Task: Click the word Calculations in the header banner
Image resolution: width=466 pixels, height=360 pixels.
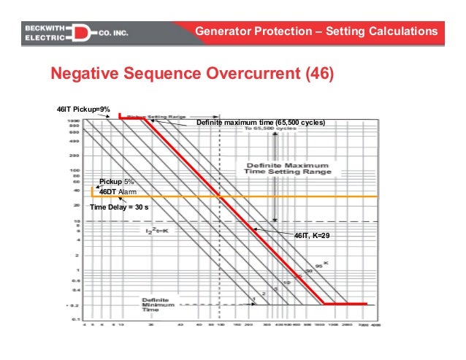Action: [402, 31]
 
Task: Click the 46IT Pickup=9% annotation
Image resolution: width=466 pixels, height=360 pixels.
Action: [84, 109]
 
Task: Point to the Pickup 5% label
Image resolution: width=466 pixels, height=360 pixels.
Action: [117, 181]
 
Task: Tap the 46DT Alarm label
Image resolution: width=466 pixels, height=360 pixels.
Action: [117, 191]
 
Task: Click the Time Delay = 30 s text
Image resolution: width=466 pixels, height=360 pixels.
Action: [119, 207]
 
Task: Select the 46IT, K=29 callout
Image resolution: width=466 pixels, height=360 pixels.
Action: [312, 237]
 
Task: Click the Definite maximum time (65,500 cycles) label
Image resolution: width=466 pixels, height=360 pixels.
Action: [261, 123]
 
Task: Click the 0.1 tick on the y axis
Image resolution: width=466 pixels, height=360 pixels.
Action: [75, 319]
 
